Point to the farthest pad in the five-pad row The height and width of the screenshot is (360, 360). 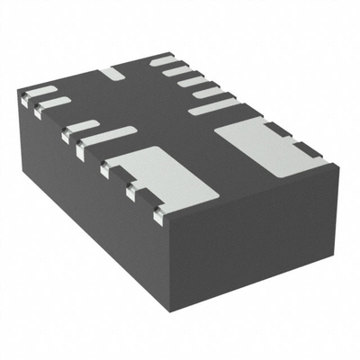click(x=163, y=60)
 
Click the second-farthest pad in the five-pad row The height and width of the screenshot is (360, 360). click(x=177, y=70)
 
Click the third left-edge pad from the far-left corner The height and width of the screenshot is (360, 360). click(x=80, y=125)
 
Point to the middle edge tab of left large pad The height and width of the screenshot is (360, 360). click(x=133, y=191)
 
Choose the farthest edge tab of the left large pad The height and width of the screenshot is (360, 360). click(x=107, y=168)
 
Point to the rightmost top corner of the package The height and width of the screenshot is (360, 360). click(x=337, y=164)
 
